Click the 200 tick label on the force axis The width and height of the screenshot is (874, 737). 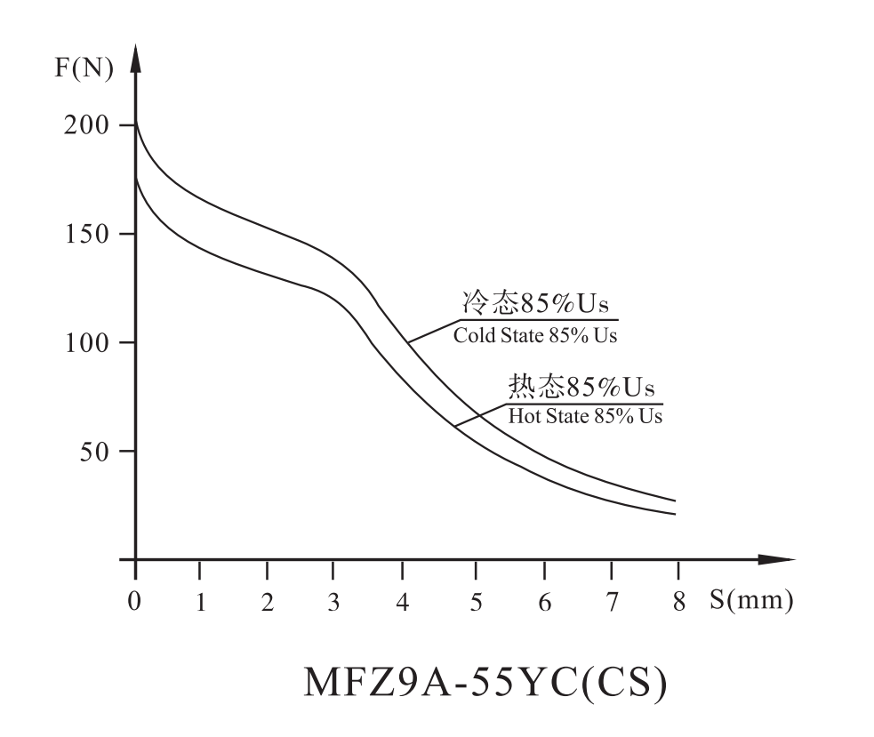tap(88, 125)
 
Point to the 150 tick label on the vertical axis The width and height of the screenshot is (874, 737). tap(88, 234)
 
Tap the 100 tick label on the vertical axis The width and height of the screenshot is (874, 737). tap(88, 342)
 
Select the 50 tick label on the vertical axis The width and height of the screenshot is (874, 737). tap(94, 452)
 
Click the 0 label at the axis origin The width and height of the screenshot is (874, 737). tap(134, 602)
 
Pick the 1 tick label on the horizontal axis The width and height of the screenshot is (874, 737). tap(201, 602)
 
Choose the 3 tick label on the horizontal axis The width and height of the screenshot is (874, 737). tap(333, 602)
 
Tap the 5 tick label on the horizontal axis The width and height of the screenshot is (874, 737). tap(477, 602)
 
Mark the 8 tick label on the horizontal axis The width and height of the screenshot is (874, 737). tap(679, 602)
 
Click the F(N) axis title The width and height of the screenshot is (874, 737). tap(84, 68)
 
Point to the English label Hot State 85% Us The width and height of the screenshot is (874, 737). tap(585, 415)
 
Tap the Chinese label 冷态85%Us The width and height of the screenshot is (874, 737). tap(537, 305)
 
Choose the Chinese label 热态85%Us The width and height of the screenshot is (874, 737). tap(581, 388)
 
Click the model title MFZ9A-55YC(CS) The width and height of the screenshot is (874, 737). tap(485, 681)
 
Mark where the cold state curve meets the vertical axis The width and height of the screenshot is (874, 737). tap(136, 121)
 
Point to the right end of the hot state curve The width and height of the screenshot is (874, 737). tap(676, 514)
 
